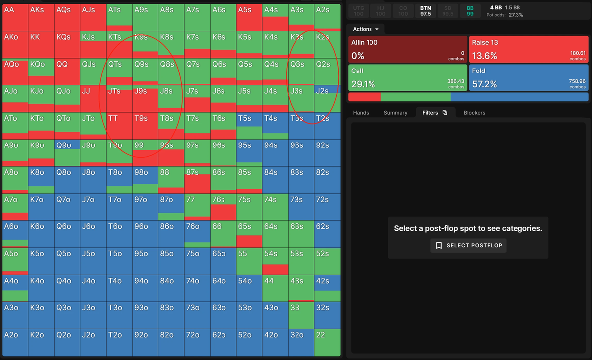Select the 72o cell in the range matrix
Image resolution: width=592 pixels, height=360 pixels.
tap(197, 342)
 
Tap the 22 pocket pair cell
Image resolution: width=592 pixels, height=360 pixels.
tap(327, 342)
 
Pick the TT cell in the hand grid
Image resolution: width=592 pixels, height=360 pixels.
tap(119, 126)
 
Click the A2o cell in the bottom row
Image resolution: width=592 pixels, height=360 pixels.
tap(15, 342)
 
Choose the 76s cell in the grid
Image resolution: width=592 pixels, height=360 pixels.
tap(223, 207)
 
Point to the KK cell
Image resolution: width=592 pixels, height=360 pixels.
tap(41, 45)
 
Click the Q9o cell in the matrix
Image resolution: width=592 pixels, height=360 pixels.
tap(67, 152)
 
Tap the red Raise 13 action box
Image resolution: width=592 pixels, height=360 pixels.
tap(528, 49)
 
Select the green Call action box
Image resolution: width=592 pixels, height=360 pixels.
tap(407, 78)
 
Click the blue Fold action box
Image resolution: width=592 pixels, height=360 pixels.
tap(528, 78)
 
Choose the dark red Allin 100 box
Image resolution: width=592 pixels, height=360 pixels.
tap(407, 49)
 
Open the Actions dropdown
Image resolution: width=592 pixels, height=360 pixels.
tap(366, 29)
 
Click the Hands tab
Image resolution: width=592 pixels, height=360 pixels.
tap(361, 113)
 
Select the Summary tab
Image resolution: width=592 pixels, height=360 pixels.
tap(395, 113)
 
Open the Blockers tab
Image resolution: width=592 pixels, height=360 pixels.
tap(474, 113)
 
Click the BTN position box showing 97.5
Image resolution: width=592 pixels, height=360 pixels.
tap(425, 11)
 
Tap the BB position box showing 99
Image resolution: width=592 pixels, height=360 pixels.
tap(470, 11)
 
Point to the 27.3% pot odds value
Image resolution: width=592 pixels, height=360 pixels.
tap(516, 15)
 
